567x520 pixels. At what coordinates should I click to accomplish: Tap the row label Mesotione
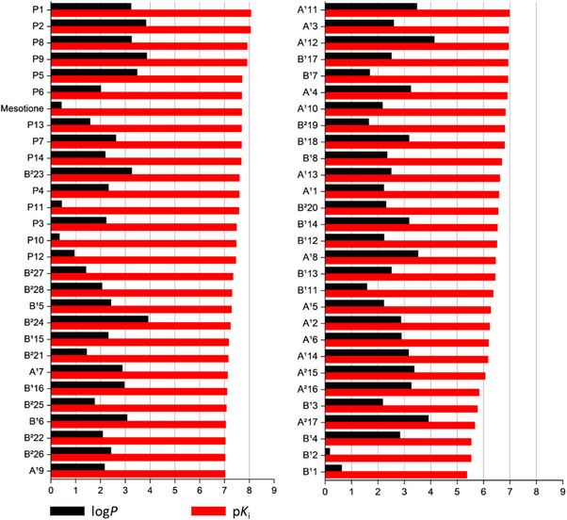click(x=24, y=107)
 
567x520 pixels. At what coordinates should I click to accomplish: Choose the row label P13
click(x=36, y=122)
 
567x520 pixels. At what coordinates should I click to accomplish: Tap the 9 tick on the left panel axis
click(x=274, y=491)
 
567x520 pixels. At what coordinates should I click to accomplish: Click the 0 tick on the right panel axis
click(x=325, y=491)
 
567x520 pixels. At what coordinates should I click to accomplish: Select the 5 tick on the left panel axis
click(x=175, y=491)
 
